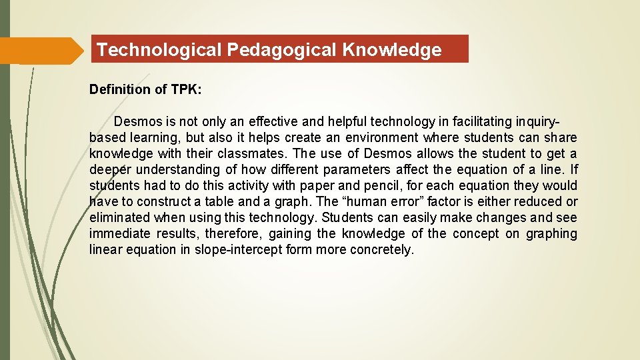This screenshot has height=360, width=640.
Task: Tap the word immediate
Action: pyautogui.click(x=121, y=234)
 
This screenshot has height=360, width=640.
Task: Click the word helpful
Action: pyautogui.click(x=341, y=121)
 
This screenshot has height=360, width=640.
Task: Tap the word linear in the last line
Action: pyautogui.click(x=104, y=250)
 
